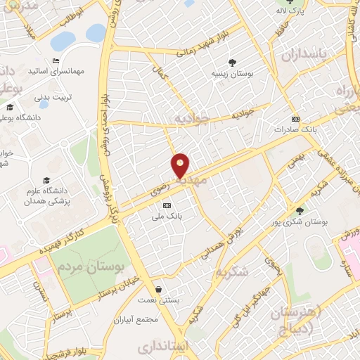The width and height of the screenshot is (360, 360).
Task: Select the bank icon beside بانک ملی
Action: (x=167, y=205)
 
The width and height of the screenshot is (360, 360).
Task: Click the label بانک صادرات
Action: (x=292, y=129)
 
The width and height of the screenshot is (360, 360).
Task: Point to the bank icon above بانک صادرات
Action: (x=296, y=119)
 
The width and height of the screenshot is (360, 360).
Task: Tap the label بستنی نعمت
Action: (x=162, y=300)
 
